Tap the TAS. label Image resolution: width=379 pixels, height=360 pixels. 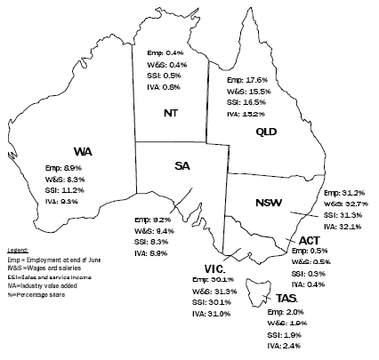(286, 298)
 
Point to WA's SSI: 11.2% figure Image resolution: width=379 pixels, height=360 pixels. (66, 189)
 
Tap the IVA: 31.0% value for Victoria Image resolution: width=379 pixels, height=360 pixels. (211, 313)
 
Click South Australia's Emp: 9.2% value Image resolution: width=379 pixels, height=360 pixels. (152, 219)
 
